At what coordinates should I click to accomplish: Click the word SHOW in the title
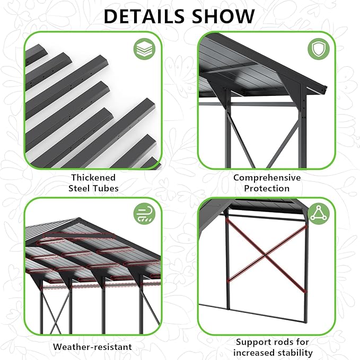225,16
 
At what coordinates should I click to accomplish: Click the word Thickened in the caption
94,178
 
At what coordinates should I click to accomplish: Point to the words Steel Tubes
94,188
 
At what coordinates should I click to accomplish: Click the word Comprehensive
267,178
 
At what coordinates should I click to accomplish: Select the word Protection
267,188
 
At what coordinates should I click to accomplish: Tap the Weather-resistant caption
92,347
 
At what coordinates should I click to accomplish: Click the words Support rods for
273,342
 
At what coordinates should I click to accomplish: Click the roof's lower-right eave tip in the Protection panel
324,88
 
